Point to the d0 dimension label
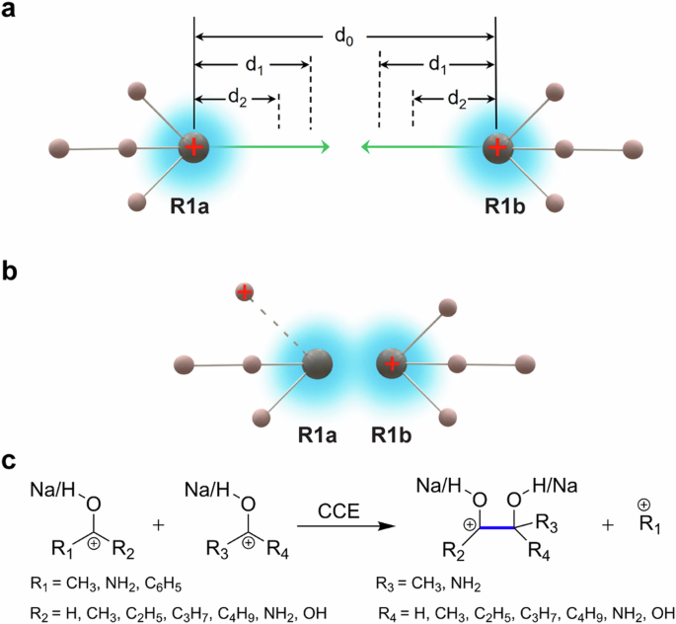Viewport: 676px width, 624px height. click(x=343, y=37)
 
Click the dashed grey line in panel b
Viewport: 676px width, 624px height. click(x=277, y=325)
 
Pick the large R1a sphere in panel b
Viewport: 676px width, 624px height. click(x=317, y=364)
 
